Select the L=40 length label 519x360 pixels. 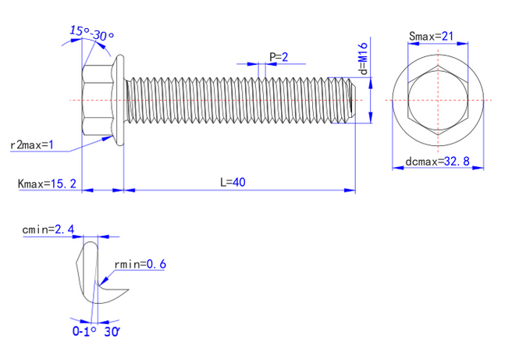[x=233, y=182]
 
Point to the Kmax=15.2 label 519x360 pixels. [x=47, y=184]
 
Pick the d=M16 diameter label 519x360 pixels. [x=364, y=59]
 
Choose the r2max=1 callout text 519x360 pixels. [x=31, y=144]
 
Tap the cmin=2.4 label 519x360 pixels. [x=48, y=230]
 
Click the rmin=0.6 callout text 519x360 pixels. [x=140, y=264]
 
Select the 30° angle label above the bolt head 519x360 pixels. [x=104, y=37]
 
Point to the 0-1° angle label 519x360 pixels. [x=84, y=331]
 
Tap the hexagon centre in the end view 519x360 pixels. [x=439, y=100]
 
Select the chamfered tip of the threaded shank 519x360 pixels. [x=351, y=100]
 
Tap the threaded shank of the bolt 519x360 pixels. [x=234, y=100]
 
